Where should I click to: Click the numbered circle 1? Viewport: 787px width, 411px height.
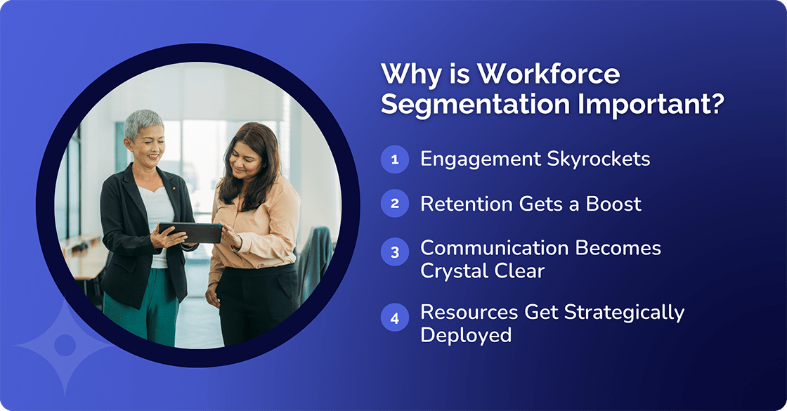(395, 159)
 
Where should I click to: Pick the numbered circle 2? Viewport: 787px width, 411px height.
(395, 204)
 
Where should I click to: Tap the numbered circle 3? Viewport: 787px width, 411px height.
(395, 252)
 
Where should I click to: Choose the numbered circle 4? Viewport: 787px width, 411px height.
(395, 318)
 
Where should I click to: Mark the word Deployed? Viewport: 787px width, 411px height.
(466, 335)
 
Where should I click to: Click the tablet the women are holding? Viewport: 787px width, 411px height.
(190, 233)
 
